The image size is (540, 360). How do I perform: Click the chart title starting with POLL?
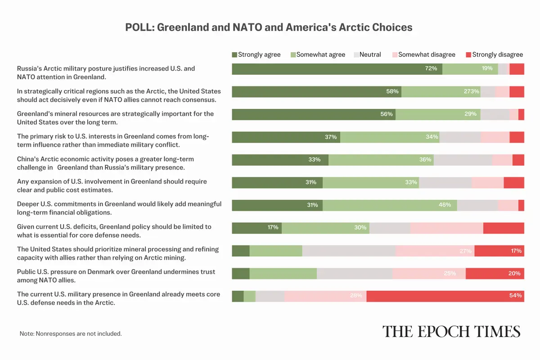269,27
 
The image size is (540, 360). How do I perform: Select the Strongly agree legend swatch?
234,54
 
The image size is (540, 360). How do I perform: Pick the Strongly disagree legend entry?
494,54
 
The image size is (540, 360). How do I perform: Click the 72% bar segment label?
431,69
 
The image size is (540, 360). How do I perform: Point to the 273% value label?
471,91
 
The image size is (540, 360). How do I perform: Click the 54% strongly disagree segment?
445,296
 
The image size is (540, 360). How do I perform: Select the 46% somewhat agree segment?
390,205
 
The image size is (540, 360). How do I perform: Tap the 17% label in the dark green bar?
273,228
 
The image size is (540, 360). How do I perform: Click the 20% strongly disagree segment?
495,273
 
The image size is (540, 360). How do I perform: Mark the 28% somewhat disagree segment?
325,296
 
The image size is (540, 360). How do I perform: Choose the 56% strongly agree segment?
314,114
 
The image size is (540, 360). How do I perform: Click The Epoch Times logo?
451,332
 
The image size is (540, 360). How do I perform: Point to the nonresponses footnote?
71,334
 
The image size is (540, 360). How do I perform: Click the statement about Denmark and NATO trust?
116,276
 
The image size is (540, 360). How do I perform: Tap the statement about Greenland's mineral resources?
115,118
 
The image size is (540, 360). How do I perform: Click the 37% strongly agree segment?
286,137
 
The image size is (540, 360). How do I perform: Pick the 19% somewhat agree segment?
470,69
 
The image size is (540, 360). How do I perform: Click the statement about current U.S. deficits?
114,231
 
